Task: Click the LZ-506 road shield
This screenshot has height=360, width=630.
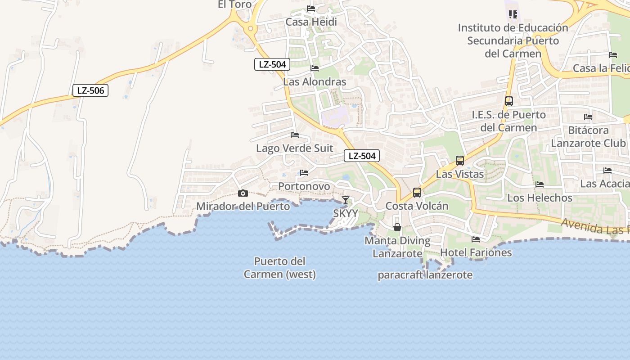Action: [90, 90]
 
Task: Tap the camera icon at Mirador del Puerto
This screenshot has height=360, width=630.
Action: [243, 193]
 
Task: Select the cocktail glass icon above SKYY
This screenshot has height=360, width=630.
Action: [345, 200]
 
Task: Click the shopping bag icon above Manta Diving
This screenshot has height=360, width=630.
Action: [397, 227]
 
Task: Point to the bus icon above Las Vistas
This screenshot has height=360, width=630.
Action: [460, 161]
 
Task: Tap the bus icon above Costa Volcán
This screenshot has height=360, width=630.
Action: [417, 193]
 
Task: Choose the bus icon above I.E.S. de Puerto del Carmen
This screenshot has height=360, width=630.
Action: [509, 101]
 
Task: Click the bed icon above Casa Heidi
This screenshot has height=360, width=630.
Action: [311, 9]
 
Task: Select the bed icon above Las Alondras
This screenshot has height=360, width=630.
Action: [315, 68]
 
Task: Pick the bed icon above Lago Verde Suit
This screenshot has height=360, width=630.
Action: [295, 135]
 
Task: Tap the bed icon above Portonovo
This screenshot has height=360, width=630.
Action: [304, 173]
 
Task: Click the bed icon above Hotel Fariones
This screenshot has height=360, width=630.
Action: [476, 239]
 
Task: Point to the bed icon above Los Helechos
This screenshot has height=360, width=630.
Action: [540, 184]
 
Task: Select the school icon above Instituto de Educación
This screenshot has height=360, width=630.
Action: [513, 14]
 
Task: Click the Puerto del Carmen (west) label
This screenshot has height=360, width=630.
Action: [279, 268]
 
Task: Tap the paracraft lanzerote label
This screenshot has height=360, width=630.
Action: [425, 275]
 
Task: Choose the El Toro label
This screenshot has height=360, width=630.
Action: [234, 4]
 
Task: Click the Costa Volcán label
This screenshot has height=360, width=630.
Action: [417, 206]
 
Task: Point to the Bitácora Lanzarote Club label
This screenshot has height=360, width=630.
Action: [589, 137]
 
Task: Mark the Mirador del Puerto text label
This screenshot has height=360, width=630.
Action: [243, 207]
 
